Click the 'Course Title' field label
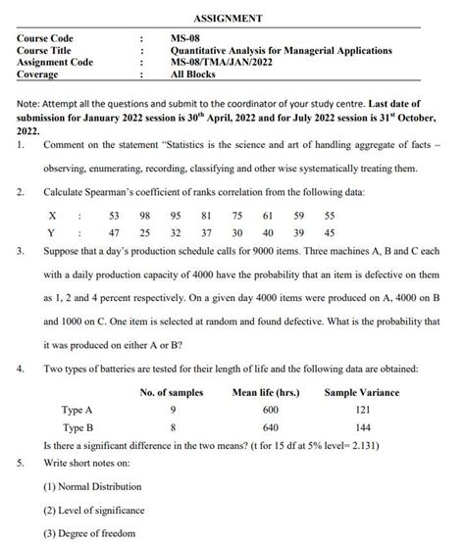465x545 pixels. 44,50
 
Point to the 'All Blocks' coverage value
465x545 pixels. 192,74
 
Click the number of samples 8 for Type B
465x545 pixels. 173,427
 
